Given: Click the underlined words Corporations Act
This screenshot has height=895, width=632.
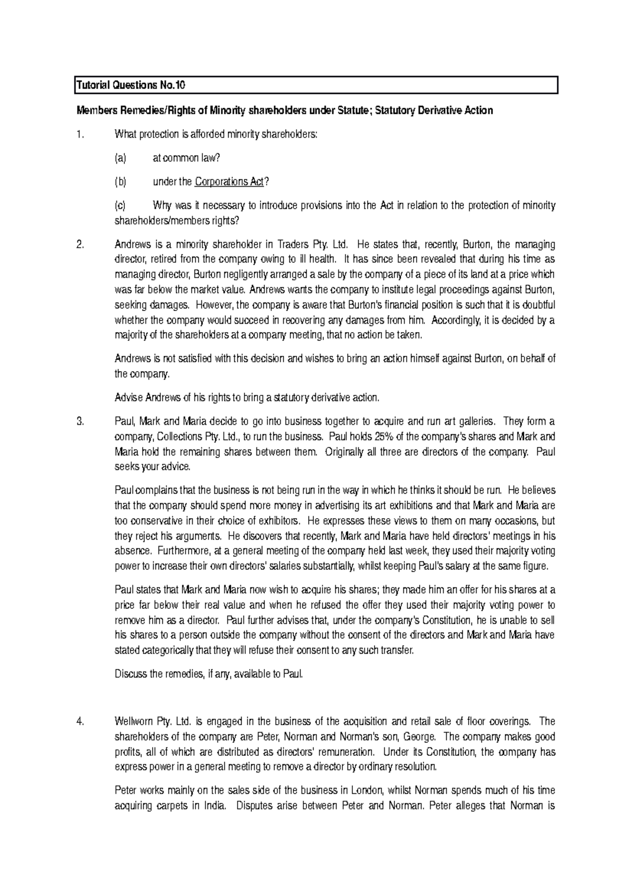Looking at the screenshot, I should click(229, 182).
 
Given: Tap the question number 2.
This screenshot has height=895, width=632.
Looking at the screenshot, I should click(80, 245).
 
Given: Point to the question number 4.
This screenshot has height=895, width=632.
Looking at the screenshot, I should click(80, 721).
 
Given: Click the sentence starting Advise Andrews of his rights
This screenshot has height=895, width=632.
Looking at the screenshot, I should click(246, 397).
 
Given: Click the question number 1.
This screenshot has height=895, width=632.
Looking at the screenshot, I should click(80, 134).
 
